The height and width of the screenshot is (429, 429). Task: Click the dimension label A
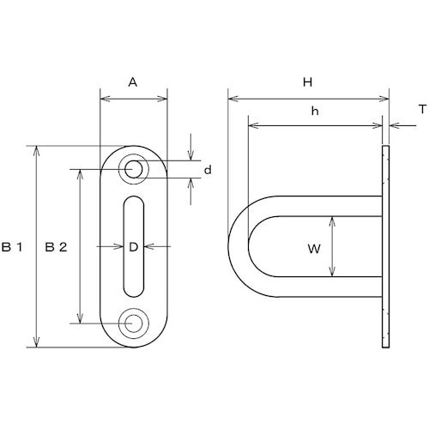click(x=133, y=82)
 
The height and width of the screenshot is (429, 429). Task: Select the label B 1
click(x=12, y=247)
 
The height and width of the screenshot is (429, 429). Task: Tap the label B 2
click(x=56, y=247)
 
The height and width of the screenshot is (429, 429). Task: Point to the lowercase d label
click(x=208, y=170)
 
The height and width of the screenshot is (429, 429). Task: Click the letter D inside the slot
click(x=134, y=247)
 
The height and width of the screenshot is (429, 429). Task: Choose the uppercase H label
click(x=307, y=82)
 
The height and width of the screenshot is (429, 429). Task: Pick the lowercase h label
click(x=315, y=111)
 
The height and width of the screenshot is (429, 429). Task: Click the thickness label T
click(x=422, y=109)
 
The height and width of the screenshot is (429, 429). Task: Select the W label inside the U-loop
click(x=314, y=249)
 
